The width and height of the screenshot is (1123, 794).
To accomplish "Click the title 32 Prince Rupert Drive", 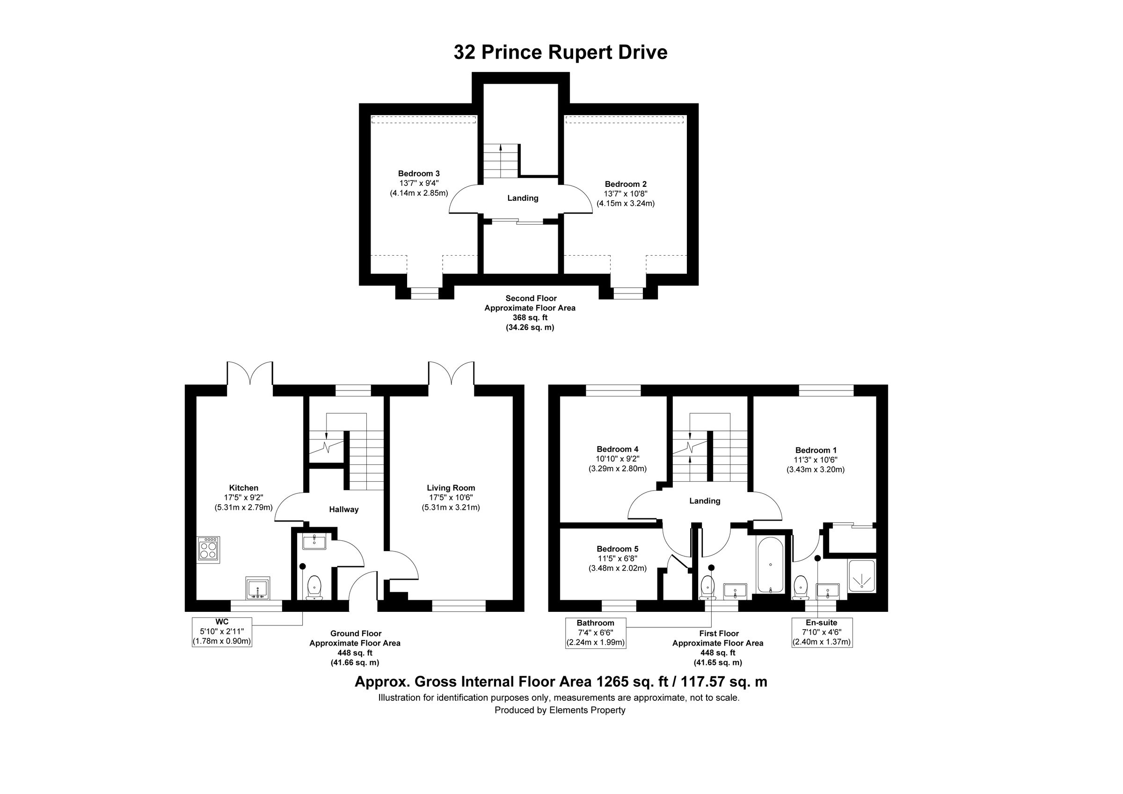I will click(560, 52).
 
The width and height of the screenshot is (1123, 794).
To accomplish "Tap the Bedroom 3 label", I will click(419, 173).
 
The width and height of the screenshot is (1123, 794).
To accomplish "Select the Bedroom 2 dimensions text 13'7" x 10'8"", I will click(626, 194).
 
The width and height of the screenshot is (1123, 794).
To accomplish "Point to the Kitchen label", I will click(244, 488).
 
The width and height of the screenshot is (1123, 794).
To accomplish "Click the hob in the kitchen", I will click(208, 548).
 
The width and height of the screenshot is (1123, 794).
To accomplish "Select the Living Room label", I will click(451, 488).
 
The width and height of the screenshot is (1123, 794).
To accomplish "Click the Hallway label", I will click(343, 509).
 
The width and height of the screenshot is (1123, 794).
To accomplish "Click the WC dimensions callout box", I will click(222, 632).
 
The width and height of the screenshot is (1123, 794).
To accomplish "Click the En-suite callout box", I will click(822, 632).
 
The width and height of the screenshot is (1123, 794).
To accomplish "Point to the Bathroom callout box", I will click(595, 632).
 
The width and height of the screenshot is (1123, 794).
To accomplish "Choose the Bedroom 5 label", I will click(617, 549).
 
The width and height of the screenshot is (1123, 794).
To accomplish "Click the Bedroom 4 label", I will click(617, 449).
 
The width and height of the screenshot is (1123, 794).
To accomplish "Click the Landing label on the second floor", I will click(522, 198).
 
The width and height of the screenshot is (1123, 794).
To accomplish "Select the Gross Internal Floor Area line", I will click(561, 682).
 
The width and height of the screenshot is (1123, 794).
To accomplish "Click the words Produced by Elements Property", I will click(560, 710).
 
